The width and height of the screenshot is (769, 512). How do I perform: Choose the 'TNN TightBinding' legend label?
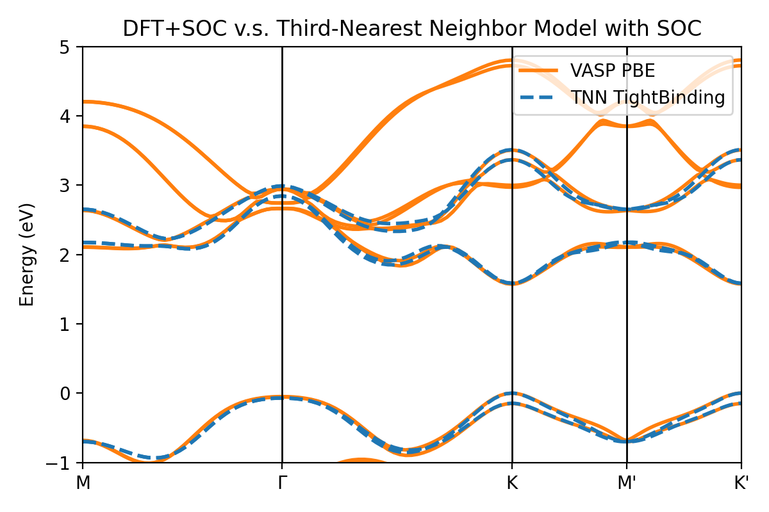click(648, 97)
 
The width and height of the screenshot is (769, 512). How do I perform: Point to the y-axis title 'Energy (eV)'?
click(26, 255)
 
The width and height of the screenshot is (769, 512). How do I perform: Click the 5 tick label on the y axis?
click(70, 47)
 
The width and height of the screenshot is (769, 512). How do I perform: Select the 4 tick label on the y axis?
click(70, 116)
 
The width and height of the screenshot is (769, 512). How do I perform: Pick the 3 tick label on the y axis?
click(70, 186)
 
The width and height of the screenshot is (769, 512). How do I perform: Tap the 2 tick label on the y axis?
click(70, 255)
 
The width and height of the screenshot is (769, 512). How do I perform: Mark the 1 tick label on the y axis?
click(70, 324)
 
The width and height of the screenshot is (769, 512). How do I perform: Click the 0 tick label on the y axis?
click(70, 393)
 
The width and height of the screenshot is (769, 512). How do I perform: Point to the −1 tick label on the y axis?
click(65, 463)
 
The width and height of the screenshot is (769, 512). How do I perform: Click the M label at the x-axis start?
click(83, 482)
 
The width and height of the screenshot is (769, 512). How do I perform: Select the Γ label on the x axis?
click(282, 482)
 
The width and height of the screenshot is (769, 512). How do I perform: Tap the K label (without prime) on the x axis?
click(512, 482)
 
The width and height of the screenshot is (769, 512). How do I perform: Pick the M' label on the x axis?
click(627, 482)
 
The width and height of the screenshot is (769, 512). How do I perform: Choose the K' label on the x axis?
click(741, 482)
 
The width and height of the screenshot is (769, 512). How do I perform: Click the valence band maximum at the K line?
click(512, 393)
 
